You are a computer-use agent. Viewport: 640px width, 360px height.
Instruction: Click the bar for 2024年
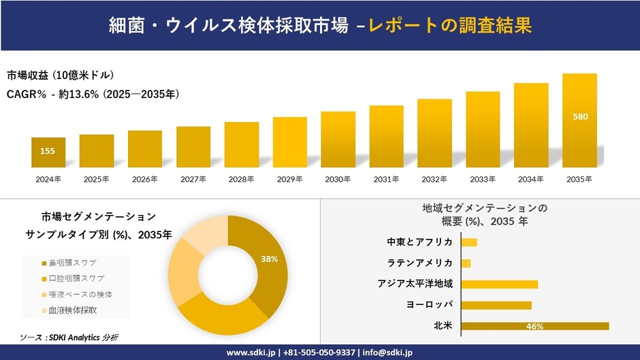(x=48, y=152)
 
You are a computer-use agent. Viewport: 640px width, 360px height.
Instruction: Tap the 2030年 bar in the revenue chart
(x=338, y=140)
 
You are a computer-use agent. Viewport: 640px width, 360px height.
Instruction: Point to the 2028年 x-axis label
(x=242, y=179)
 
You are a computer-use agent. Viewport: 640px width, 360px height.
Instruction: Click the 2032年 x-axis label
(x=434, y=179)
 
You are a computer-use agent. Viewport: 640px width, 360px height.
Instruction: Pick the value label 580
(x=580, y=116)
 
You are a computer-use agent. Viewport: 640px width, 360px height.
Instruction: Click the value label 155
(x=48, y=151)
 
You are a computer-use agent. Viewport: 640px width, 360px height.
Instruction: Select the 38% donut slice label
(x=270, y=259)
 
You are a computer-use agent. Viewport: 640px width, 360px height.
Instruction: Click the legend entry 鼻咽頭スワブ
(x=71, y=263)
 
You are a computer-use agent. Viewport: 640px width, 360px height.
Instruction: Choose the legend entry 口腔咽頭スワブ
(x=76, y=278)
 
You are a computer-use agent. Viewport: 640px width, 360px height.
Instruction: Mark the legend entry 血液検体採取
(x=71, y=310)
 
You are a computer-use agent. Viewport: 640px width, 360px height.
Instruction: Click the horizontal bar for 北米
(x=534, y=326)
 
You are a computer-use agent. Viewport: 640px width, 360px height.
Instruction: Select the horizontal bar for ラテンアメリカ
(x=466, y=263)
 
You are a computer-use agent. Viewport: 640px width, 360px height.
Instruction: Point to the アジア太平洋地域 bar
(x=499, y=284)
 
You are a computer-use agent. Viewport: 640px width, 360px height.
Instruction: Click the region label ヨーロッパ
(x=429, y=305)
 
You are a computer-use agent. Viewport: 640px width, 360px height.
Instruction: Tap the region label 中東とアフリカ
(x=419, y=242)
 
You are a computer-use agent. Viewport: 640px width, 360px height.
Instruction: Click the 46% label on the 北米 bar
(x=534, y=327)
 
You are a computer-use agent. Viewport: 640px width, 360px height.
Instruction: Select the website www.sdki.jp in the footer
(x=251, y=353)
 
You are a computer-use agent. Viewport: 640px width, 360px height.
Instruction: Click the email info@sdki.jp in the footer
(x=387, y=353)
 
